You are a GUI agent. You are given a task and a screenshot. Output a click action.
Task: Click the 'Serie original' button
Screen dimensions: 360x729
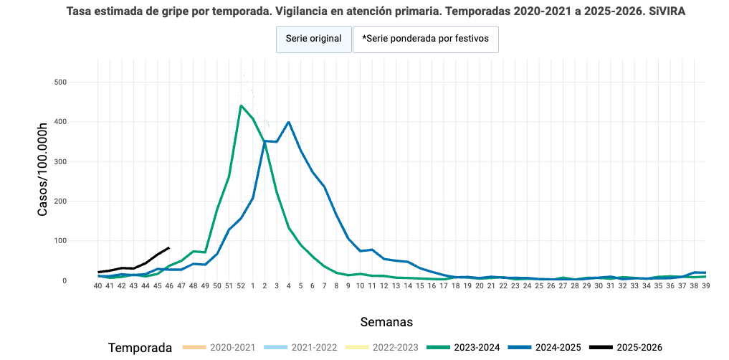313,39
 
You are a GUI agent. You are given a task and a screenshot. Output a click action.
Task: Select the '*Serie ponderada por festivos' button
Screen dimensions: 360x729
425,39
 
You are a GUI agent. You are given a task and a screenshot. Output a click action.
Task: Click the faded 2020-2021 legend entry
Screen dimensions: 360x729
219,348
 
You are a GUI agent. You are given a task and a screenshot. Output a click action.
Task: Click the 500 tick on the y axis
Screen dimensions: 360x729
60,82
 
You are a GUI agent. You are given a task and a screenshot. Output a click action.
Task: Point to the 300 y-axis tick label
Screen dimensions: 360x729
60,162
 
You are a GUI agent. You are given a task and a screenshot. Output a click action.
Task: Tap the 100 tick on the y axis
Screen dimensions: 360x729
60,241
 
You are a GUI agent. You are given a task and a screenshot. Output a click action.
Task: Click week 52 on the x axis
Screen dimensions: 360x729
241,285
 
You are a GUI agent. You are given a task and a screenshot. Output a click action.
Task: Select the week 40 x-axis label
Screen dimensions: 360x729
98,285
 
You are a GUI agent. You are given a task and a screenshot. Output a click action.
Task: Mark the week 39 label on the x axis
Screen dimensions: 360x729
705,285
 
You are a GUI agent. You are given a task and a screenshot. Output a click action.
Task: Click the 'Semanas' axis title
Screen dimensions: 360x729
386,321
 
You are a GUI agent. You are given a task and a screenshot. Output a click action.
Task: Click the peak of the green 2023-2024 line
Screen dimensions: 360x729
241,105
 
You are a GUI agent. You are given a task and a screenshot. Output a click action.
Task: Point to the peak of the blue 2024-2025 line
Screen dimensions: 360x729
288,122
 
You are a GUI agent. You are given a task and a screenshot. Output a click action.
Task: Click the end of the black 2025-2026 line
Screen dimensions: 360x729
169,247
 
